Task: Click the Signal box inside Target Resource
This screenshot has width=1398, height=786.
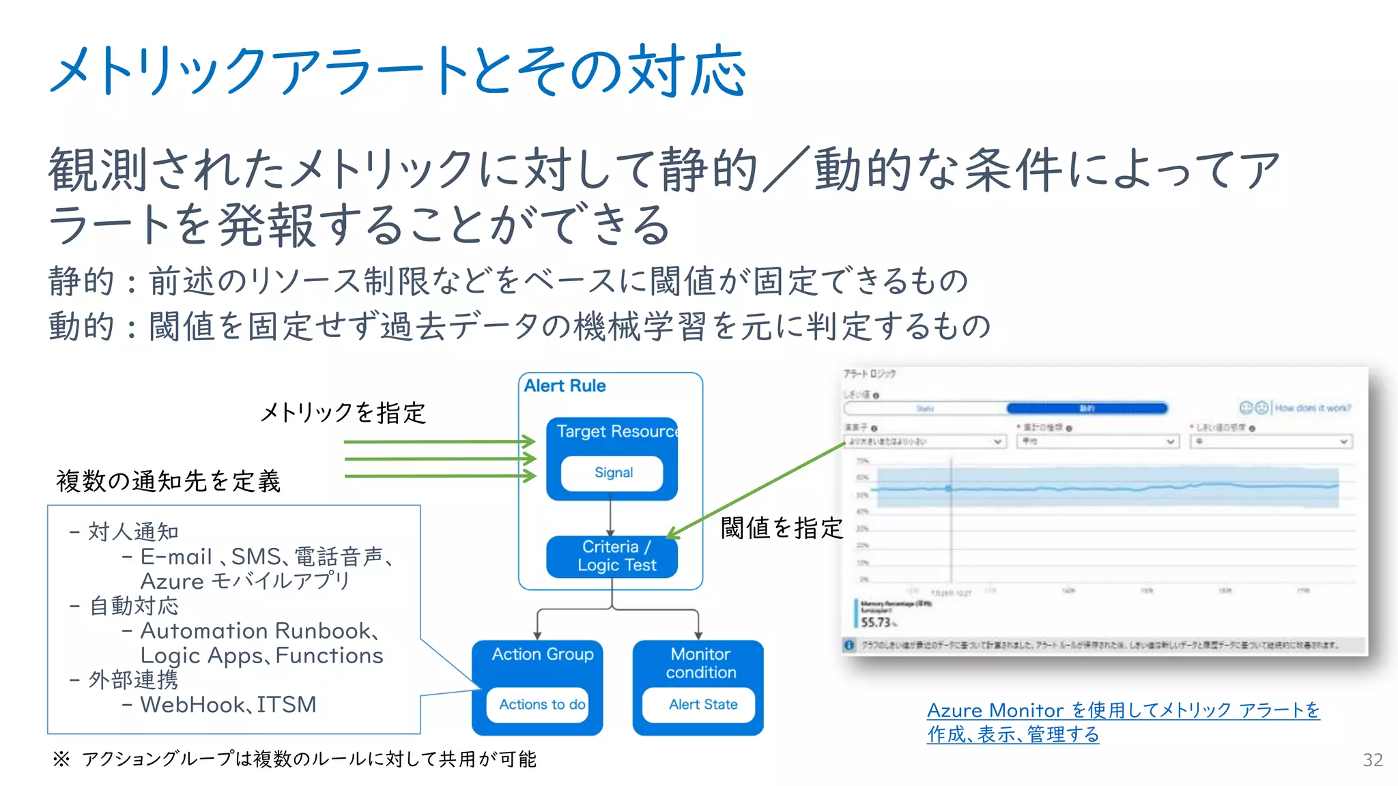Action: coord(612,473)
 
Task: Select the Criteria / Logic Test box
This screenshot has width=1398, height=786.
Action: coord(612,556)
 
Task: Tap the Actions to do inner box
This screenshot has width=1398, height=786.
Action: coord(541,704)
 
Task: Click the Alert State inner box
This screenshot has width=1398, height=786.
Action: coord(702,704)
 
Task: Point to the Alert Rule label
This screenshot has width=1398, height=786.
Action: coord(565,386)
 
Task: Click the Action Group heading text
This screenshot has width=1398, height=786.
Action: coord(543,654)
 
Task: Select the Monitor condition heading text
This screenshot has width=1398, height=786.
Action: coord(700,663)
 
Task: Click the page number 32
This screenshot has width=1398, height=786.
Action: coord(1372,760)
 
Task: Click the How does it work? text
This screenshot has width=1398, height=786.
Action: coord(1312,408)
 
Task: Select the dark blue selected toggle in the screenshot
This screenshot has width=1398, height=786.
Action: coord(1087,408)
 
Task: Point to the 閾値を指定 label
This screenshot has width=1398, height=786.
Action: coord(782,527)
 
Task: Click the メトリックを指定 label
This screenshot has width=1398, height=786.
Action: coord(343,412)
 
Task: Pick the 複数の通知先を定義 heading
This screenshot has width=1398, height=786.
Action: coord(168,481)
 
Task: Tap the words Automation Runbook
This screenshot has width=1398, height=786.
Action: coord(255,630)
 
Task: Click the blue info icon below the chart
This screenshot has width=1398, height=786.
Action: coord(849,645)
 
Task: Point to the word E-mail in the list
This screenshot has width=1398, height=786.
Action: coord(176,557)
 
